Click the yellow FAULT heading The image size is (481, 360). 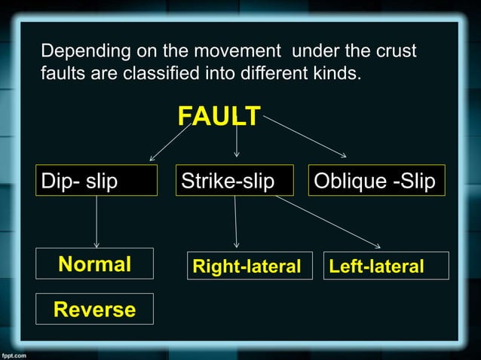[219, 117]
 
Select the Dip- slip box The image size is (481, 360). [97, 181]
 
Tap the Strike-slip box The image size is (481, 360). [234, 181]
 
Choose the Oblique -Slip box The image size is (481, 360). [376, 181]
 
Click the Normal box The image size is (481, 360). [95, 264]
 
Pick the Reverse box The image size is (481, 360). [95, 309]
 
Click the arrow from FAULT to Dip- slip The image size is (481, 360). [170, 142]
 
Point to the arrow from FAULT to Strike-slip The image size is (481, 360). [237, 141]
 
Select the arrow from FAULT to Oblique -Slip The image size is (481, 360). [305, 137]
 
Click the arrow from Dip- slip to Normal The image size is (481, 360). [97, 222]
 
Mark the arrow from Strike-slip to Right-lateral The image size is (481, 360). [236, 222]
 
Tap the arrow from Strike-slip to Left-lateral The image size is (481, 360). [328, 221]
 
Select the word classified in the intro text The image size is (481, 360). [164, 75]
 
